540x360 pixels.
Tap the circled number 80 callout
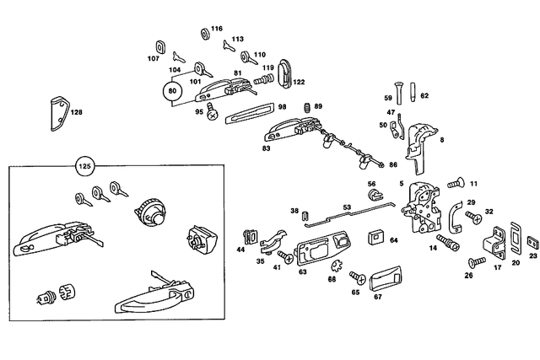click(172, 90)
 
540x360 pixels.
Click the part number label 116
click(216, 29)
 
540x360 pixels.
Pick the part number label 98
click(283, 106)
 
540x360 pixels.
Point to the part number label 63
click(302, 272)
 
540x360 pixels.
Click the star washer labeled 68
click(332, 266)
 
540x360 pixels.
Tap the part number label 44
click(240, 250)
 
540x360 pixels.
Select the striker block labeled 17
click(494, 247)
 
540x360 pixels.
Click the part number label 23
click(532, 254)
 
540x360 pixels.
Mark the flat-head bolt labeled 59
click(401, 95)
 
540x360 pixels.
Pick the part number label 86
click(392, 164)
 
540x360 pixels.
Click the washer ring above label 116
click(205, 35)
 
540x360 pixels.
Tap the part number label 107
click(153, 59)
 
